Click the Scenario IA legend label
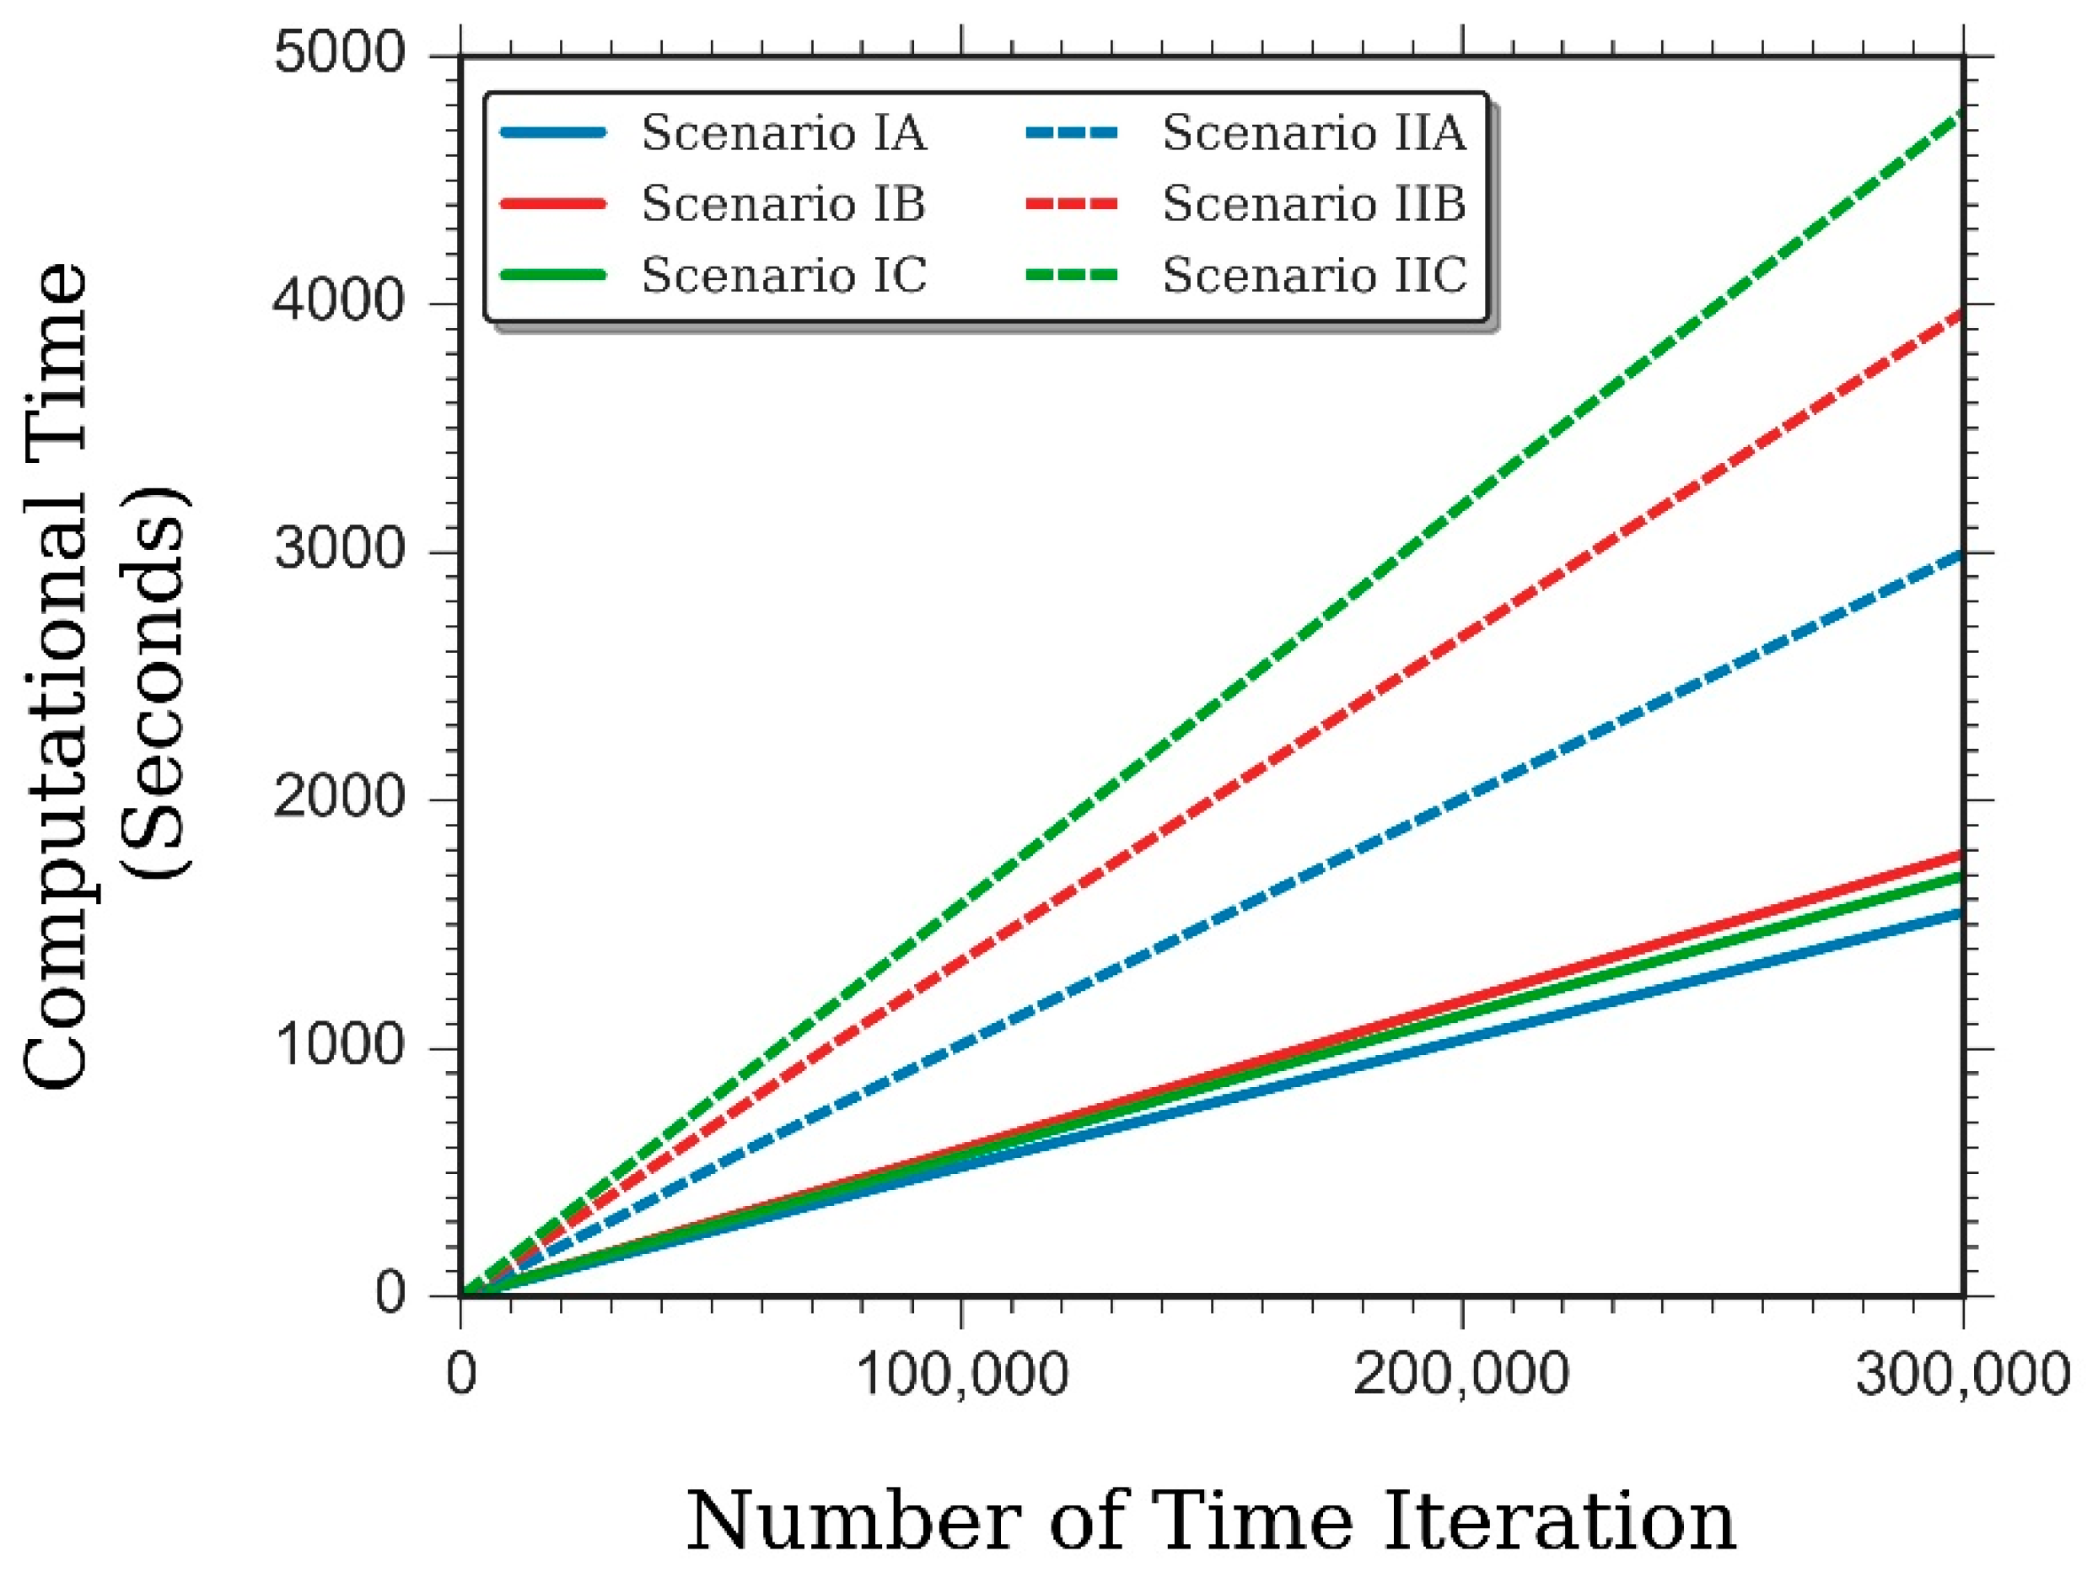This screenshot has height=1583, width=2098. click(783, 132)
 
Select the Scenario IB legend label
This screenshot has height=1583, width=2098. click(783, 204)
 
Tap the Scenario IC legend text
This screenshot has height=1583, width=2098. click(783, 275)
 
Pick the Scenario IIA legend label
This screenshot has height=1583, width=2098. click(1315, 132)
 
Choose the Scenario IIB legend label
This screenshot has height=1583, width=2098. click(1315, 204)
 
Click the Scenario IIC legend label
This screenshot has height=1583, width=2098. click(1315, 275)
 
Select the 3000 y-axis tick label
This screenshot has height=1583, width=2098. click(340, 549)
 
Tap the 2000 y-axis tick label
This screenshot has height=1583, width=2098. click(340, 797)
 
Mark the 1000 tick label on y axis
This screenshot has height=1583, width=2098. click(340, 1045)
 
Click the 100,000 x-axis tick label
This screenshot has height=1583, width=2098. click(962, 1373)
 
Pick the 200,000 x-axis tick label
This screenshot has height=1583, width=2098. click(1461, 1373)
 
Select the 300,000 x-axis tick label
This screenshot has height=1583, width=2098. click(1961, 1373)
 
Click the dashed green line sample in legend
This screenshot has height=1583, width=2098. click(1072, 276)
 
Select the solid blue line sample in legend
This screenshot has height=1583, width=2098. click(552, 132)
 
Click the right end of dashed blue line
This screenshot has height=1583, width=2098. click(1958, 556)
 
